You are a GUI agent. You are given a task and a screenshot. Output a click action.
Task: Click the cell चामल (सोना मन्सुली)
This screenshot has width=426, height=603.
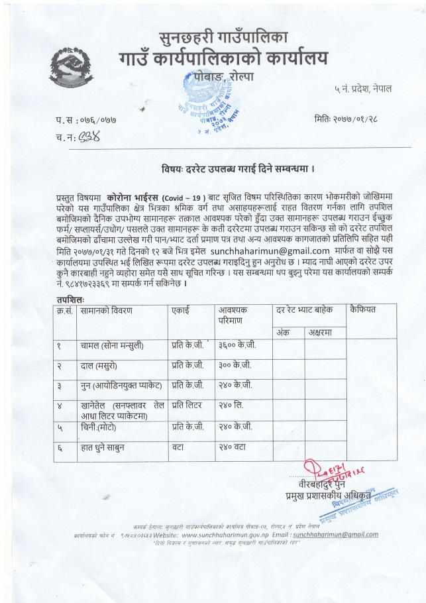click(113, 345)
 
